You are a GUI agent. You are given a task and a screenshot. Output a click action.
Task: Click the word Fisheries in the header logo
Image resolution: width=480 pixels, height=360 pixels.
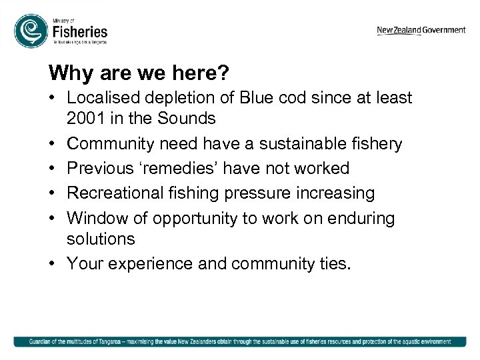[x=79, y=31]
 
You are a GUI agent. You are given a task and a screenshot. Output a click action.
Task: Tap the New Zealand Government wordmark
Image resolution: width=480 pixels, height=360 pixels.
[x=421, y=30]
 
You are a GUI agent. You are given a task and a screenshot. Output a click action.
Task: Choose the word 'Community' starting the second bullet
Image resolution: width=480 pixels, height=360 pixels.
[x=110, y=143]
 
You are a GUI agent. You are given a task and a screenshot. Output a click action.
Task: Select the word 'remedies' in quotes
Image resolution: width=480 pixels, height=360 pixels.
[x=183, y=168]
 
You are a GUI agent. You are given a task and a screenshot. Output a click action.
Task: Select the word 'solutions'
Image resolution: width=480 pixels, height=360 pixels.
[x=101, y=239]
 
